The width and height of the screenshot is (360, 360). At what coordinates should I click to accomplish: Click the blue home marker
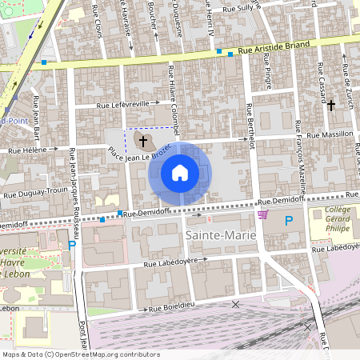point(180,173)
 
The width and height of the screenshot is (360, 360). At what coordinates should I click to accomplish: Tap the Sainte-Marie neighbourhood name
point(220,236)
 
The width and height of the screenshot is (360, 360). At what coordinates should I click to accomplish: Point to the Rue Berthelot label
point(250,126)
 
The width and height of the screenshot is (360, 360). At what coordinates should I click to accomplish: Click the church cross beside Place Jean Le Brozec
point(144,142)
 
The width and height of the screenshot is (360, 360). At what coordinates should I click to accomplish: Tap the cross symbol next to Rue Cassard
point(330,105)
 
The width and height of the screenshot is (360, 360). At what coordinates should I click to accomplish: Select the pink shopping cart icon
point(262,214)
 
